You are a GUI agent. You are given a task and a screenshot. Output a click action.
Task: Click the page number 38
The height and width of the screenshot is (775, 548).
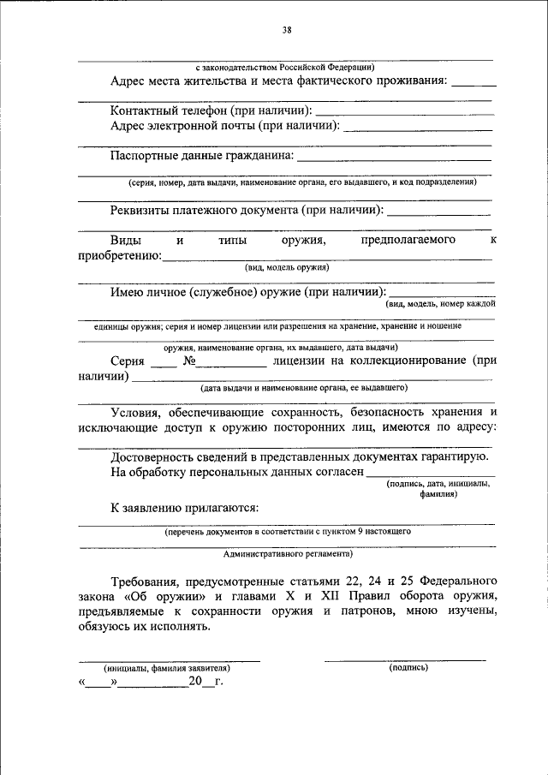point(287,32)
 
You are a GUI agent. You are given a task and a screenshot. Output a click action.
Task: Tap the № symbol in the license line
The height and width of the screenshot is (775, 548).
point(190,361)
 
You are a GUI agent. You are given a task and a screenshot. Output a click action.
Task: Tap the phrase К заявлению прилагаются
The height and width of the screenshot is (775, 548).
point(184,508)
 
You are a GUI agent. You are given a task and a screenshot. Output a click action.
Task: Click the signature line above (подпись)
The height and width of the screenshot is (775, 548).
point(405,659)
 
